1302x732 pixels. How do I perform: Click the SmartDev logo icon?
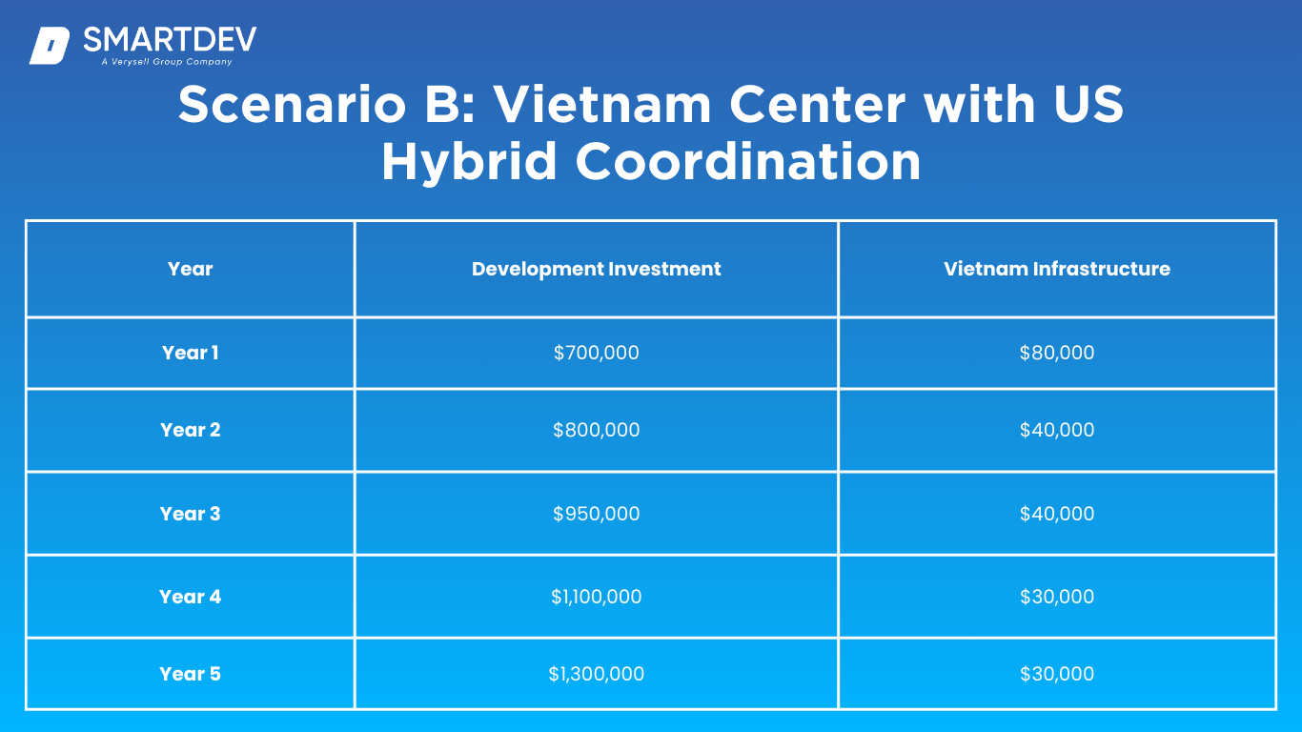click(x=50, y=46)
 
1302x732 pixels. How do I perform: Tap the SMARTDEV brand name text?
click(x=170, y=40)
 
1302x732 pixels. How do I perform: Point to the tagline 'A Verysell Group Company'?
click(x=167, y=62)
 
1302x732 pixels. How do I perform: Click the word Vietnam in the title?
click(x=602, y=105)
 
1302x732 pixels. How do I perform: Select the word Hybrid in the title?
click(x=469, y=162)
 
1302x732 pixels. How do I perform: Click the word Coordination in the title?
click(x=748, y=161)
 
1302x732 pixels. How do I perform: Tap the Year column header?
click(x=190, y=269)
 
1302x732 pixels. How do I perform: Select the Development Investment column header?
click(x=596, y=269)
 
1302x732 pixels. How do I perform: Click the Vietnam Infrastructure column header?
click(x=1057, y=269)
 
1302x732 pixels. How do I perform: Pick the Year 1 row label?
click(x=190, y=353)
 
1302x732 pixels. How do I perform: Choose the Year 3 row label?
click(x=190, y=514)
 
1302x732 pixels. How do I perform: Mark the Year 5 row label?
click(x=190, y=674)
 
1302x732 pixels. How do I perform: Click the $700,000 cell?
click(x=596, y=353)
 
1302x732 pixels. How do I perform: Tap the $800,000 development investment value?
click(x=596, y=430)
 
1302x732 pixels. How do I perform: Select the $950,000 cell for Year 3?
click(x=596, y=514)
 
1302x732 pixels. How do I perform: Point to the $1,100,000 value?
click(x=596, y=597)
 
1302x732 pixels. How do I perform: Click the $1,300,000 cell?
click(x=596, y=674)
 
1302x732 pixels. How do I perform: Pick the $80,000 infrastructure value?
click(x=1057, y=353)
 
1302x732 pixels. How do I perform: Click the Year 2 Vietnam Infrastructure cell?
click(x=1057, y=430)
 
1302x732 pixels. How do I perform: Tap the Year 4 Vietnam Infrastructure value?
click(x=1057, y=597)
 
